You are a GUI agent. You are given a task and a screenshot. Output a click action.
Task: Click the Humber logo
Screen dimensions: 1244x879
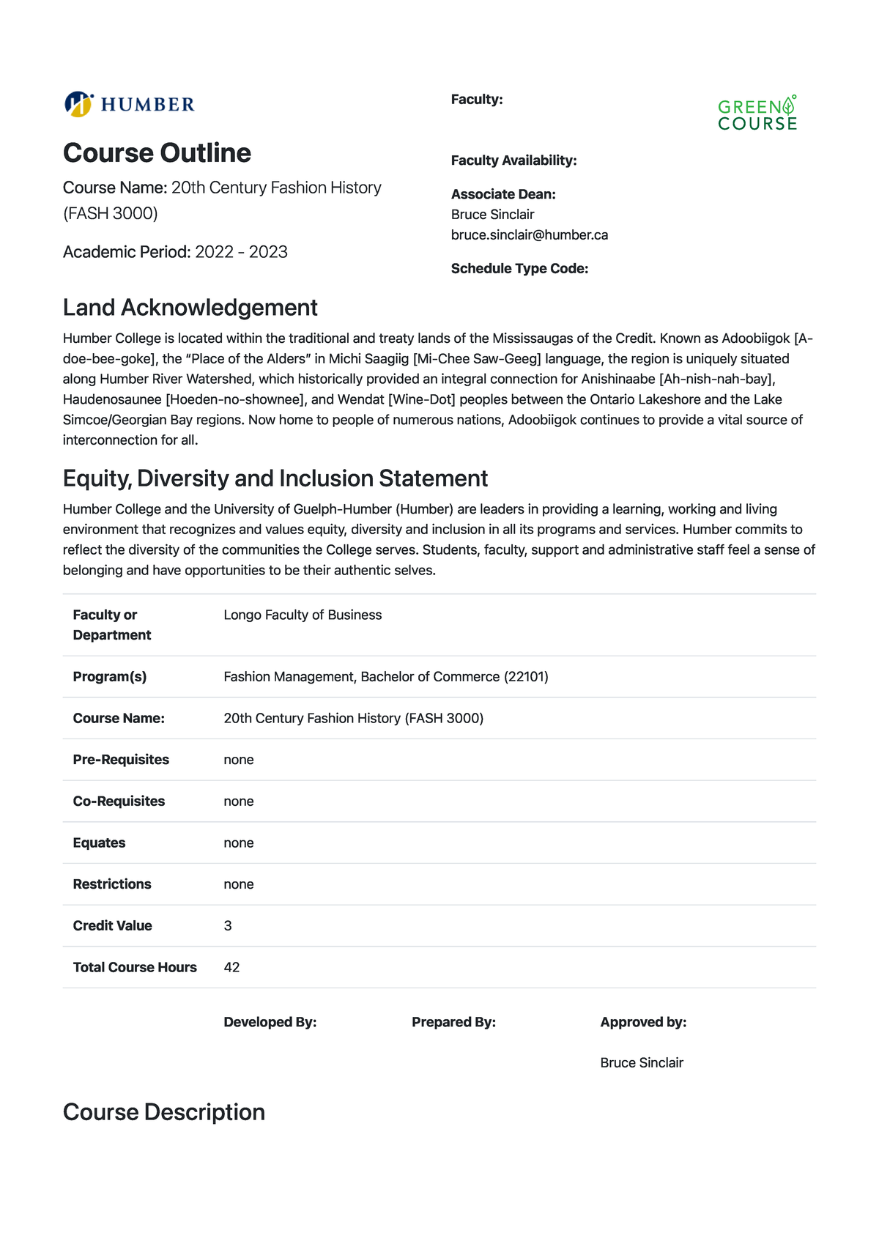click(x=130, y=104)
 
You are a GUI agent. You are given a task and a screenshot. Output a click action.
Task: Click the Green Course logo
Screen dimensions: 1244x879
click(x=757, y=114)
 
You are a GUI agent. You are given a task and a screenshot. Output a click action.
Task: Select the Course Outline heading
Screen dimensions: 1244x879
click(x=157, y=153)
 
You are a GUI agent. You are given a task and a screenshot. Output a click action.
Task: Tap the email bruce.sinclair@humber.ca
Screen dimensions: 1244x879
click(x=529, y=235)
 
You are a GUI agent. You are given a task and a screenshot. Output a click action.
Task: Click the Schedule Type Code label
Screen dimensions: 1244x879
click(x=519, y=269)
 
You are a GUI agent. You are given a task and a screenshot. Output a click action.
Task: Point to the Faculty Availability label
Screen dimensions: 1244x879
click(x=513, y=160)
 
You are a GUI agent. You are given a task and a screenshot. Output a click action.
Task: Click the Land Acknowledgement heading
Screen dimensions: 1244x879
click(x=190, y=308)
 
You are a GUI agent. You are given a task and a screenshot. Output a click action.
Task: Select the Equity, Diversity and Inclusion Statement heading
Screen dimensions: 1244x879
click(x=275, y=478)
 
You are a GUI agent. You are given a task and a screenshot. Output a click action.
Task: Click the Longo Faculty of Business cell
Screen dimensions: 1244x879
click(x=303, y=615)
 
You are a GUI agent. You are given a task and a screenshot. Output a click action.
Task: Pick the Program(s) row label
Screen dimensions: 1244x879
click(x=110, y=677)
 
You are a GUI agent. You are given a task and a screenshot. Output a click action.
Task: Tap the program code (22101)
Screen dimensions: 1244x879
click(x=526, y=677)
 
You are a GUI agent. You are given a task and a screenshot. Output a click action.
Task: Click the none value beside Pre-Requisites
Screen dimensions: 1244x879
click(x=239, y=760)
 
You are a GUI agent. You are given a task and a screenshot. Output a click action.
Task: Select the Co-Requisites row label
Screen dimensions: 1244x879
click(x=119, y=801)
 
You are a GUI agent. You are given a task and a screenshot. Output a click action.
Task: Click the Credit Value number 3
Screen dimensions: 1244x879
click(x=228, y=926)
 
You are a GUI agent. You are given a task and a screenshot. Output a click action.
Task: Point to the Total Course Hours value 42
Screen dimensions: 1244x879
click(x=231, y=968)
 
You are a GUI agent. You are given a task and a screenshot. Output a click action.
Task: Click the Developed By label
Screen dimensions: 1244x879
click(x=270, y=1023)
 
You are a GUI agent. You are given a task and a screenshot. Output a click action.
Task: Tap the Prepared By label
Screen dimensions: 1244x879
click(x=453, y=1023)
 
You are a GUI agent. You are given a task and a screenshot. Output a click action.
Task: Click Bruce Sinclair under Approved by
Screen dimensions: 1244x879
click(x=642, y=1063)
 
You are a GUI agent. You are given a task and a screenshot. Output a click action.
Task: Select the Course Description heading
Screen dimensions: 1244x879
click(x=164, y=1112)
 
